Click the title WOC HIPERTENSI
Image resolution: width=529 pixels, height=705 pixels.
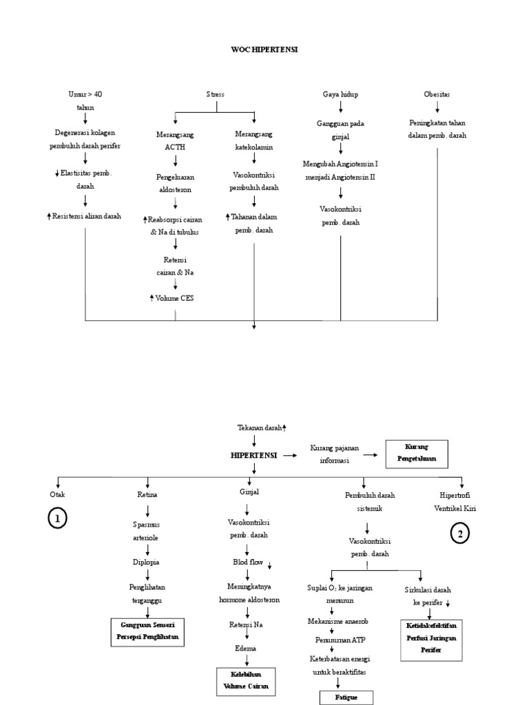pyautogui.click(x=264, y=50)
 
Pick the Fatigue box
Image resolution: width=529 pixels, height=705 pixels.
pyautogui.click(x=338, y=697)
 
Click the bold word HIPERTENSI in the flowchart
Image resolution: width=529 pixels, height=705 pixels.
pyautogui.click(x=253, y=455)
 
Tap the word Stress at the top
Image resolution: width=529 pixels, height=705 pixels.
pyautogui.click(x=216, y=94)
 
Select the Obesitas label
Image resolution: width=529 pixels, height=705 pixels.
pyautogui.click(x=437, y=94)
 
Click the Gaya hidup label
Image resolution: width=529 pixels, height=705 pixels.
pyautogui.click(x=340, y=94)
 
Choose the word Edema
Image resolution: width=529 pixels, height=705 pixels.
pyautogui.click(x=247, y=647)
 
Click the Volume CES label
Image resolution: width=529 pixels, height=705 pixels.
pyautogui.click(x=175, y=298)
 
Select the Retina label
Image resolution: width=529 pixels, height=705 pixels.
pyautogui.click(x=147, y=494)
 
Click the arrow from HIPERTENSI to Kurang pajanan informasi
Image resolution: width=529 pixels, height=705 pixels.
pyautogui.click(x=290, y=455)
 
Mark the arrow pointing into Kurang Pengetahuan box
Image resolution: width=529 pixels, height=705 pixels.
pyautogui.click(x=371, y=455)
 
